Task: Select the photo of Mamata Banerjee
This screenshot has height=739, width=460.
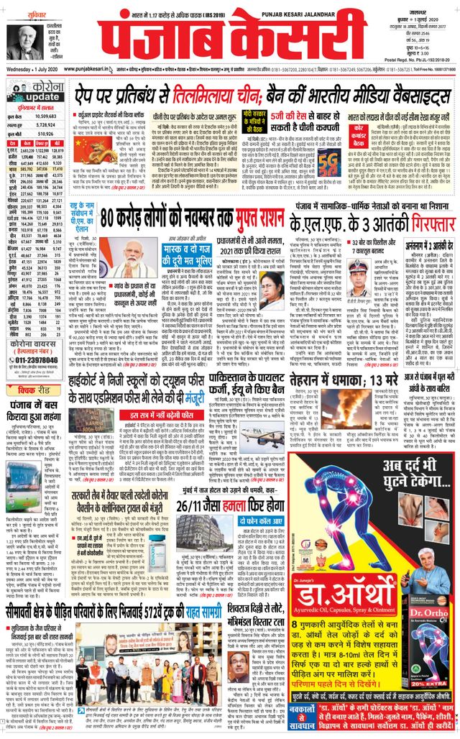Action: (271, 287)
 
